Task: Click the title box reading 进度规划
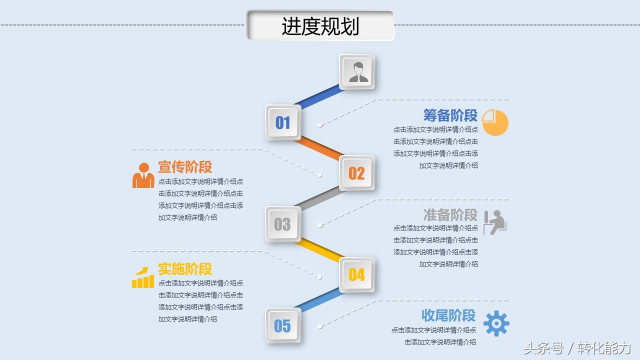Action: (x=320, y=25)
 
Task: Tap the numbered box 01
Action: (x=283, y=122)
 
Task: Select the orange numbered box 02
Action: (x=357, y=173)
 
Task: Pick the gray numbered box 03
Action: (x=283, y=224)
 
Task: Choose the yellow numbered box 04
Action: (x=357, y=274)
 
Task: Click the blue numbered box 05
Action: (x=283, y=325)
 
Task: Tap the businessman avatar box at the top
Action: (x=357, y=72)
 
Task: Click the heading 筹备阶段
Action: (x=450, y=115)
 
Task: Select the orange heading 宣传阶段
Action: (x=185, y=167)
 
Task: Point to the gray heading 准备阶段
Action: (x=450, y=215)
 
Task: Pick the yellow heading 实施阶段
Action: (x=185, y=269)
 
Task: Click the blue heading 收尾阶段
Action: (x=448, y=315)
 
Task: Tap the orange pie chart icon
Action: (x=495, y=122)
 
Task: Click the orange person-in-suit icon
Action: (x=143, y=175)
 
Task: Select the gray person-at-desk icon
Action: (x=495, y=222)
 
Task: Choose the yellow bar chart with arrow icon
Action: (x=143, y=277)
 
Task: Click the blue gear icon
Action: (x=496, y=323)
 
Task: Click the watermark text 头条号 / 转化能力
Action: (x=577, y=348)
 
